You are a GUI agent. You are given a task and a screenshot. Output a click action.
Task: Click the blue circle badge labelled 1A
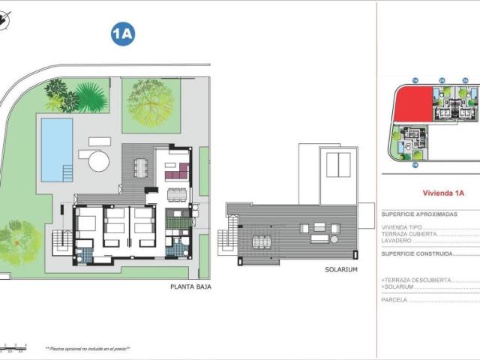[x=123, y=34]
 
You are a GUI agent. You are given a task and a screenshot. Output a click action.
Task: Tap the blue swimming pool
[x=57, y=149]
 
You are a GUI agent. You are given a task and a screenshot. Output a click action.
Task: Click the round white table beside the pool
[x=98, y=160]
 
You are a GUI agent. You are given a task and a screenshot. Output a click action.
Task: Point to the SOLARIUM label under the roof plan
[x=340, y=269]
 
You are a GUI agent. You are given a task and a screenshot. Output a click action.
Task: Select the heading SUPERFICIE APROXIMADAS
[x=419, y=214]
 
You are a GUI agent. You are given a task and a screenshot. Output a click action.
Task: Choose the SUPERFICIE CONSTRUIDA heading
[x=419, y=253]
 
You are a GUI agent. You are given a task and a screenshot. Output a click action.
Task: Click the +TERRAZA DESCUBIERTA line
[x=416, y=280]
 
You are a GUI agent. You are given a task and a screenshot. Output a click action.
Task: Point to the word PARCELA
[x=394, y=299]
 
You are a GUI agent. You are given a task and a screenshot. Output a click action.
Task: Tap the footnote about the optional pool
[x=88, y=349]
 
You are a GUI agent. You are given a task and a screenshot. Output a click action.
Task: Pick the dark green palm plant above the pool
[x=90, y=97]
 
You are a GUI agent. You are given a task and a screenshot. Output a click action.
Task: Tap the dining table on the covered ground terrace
[x=142, y=166]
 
